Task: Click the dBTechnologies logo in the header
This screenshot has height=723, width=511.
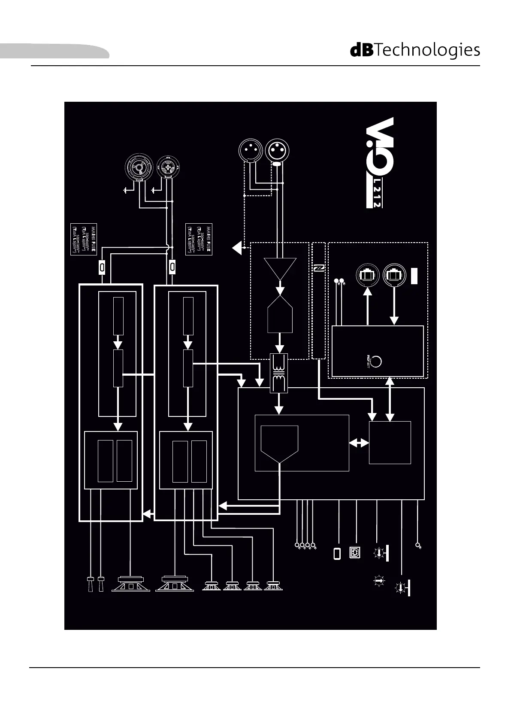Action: coord(415,50)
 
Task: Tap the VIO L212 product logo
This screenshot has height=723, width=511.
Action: coord(374,163)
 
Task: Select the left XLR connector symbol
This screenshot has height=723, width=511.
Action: coord(250,150)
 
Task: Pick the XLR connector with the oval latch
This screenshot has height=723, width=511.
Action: coord(277,151)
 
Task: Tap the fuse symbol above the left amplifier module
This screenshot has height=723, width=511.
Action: coord(102,267)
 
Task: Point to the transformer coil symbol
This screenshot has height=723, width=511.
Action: coord(279,373)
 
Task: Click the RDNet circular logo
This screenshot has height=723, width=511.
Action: coord(375,361)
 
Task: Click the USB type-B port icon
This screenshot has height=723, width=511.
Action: coord(355,553)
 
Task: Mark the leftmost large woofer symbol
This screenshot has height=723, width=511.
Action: coord(130,584)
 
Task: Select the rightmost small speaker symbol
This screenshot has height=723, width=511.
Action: coord(273,586)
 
